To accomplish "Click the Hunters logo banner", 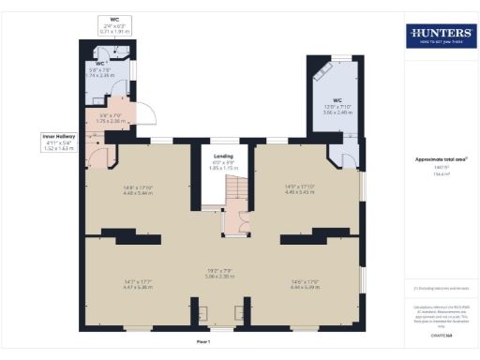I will pos(439,37).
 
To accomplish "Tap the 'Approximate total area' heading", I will pos(438,159).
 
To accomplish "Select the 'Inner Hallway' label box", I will pos(57,142).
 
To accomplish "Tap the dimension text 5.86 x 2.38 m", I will pos(219,276).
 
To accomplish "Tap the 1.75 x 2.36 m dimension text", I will pos(112,121).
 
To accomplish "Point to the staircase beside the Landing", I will pos(241,194).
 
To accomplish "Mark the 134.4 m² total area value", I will pos(438,172).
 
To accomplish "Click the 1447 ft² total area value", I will pos(438,167).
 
